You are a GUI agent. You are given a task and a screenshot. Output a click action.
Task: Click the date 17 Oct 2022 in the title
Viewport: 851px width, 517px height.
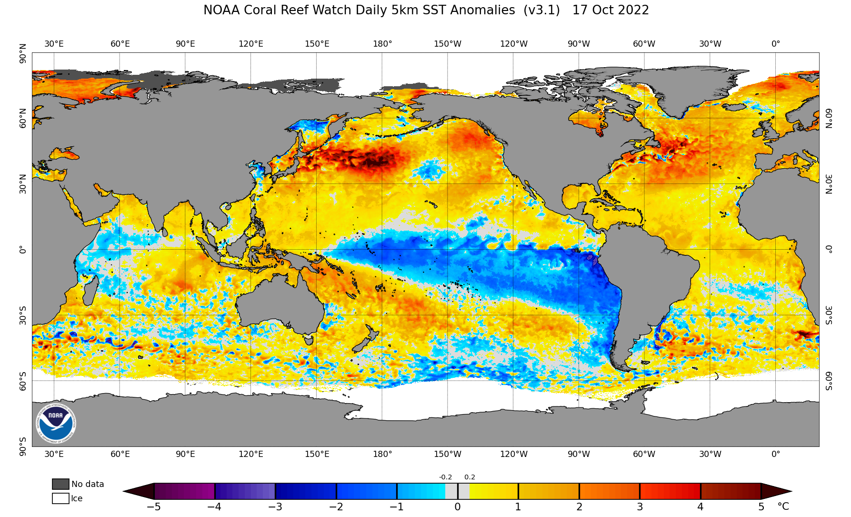[x=611, y=10]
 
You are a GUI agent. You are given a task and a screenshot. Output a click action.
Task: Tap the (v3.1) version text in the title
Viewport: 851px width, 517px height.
[x=541, y=10]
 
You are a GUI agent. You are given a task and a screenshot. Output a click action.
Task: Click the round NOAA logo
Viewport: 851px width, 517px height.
[x=56, y=423]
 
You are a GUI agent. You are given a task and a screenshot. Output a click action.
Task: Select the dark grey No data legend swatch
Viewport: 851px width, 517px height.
[x=60, y=484]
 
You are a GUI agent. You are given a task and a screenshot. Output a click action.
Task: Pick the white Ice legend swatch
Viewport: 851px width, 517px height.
[x=60, y=498]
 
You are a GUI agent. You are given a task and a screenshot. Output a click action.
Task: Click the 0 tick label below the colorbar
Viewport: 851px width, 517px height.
[x=458, y=507]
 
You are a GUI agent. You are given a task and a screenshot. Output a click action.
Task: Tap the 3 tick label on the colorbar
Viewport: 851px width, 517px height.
[x=640, y=507]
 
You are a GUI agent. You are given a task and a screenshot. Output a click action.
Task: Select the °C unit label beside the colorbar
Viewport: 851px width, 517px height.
[x=783, y=507]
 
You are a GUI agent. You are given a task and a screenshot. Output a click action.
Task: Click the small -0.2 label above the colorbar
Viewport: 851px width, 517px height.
[x=445, y=477]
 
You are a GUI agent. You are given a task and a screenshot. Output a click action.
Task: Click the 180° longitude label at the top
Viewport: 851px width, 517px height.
[x=382, y=44]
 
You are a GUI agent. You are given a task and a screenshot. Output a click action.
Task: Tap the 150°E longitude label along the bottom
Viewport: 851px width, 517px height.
[x=317, y=454]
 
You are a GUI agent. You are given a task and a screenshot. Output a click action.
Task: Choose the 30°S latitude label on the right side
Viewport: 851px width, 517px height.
[x=829, y=315]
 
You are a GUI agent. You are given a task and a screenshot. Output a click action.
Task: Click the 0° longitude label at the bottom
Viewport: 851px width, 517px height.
[x=776, y=454]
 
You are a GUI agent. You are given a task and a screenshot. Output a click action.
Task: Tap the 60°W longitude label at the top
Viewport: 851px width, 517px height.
[x=644, y=44]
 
